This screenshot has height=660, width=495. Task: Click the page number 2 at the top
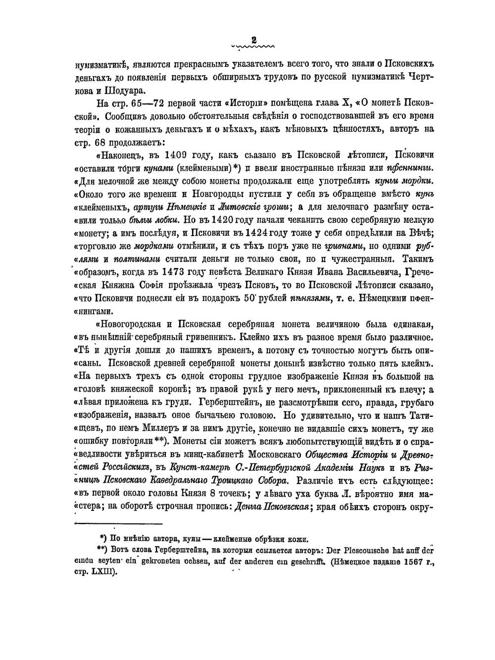coord(253,40)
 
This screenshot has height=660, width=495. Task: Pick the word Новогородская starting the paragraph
coord(132,324)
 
